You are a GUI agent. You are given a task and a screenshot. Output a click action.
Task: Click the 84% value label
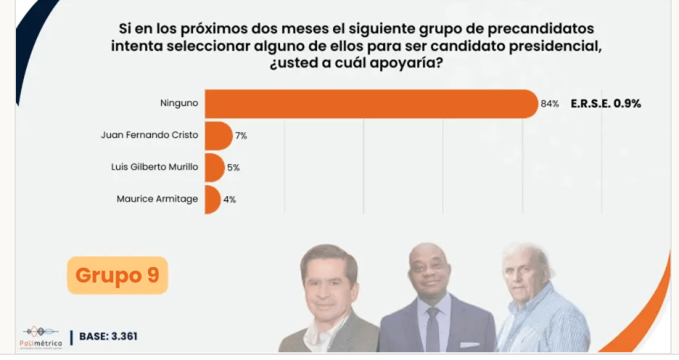point(549,104)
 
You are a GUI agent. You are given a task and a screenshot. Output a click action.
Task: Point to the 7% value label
point(241,136)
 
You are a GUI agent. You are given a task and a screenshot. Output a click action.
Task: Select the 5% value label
point(233,168)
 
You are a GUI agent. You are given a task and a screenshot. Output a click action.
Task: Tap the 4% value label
point(229,200)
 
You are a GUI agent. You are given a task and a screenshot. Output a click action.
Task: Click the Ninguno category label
point(179,103)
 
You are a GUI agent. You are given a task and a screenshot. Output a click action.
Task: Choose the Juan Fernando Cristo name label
point(149,135)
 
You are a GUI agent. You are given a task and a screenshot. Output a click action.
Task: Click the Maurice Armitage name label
point(157,199)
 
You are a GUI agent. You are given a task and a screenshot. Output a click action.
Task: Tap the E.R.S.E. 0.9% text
point(605,104)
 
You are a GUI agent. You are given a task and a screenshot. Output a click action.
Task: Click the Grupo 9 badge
point(117,275)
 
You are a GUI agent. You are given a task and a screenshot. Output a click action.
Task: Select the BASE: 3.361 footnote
point(108,336)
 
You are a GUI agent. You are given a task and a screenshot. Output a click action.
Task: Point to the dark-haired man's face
point(330,280)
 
